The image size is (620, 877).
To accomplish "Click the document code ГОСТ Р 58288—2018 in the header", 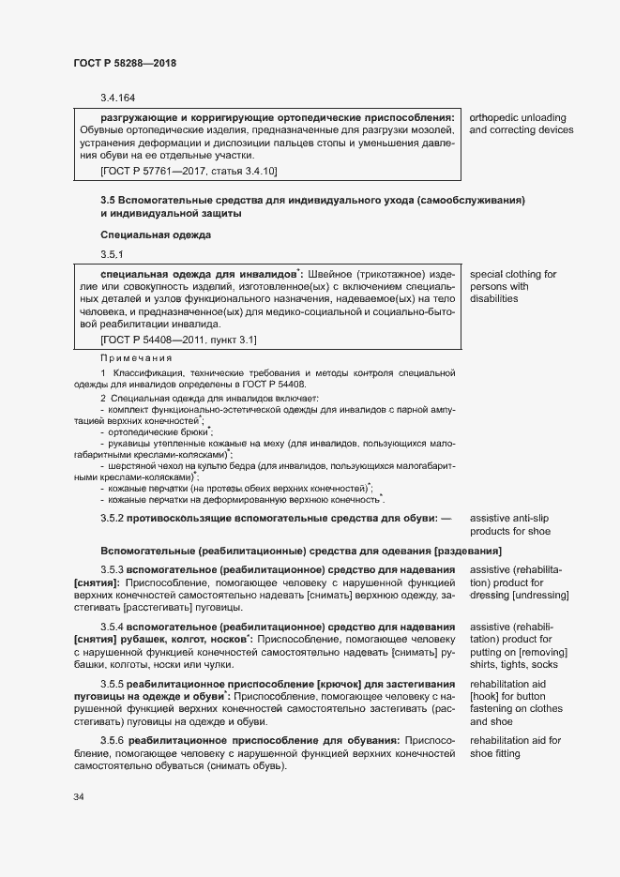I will tap(125, 63).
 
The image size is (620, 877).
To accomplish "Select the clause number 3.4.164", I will tap(117, 98).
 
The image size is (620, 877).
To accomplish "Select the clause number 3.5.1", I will tap(112, 254).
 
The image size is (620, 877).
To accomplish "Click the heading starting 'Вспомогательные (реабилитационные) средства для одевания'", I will tap(300, 550).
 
